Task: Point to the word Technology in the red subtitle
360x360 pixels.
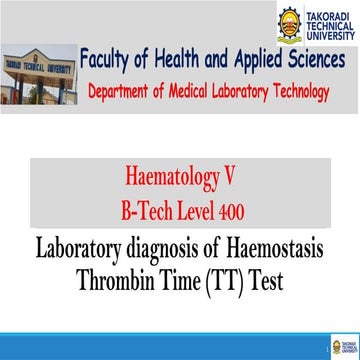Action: click(301, 92)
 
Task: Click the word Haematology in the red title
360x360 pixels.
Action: click(169, 178)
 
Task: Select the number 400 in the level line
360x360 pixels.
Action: click(232, 211)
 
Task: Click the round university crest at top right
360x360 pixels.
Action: click(290, 24)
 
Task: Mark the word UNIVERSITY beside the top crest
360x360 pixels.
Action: click(330, 35)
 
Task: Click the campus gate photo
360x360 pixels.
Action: click(39, 74)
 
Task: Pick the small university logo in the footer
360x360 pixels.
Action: click(345, 347)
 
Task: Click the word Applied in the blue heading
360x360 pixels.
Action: click(258, 60)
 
